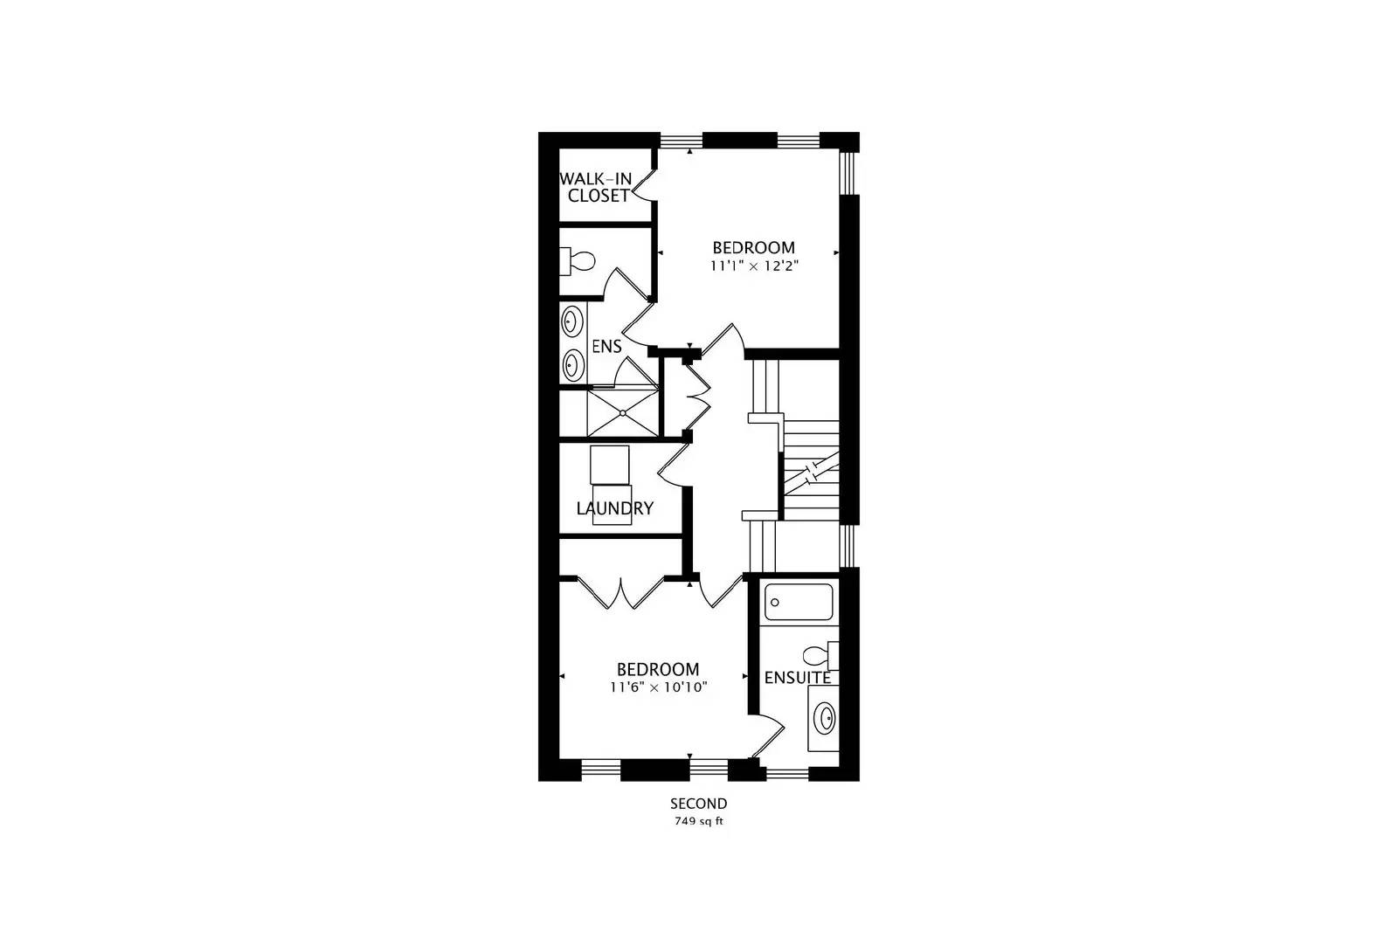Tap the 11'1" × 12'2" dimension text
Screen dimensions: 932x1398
pos(755,266)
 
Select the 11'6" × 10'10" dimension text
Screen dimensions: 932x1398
pos(658,687)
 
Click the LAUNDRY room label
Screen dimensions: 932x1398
pos(614,508)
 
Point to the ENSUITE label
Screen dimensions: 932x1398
pos(797,678)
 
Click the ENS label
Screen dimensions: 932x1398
pos(606,347)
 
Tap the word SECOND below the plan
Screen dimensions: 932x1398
pos(698,804)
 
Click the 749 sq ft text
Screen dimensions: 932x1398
pos(698,821)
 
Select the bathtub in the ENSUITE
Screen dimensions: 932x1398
pos(799,602)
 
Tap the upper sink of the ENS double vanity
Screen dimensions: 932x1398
pos(572,321)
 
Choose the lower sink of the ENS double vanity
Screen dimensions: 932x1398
pos(572,363)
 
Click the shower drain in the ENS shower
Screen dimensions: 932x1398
pos(622,411)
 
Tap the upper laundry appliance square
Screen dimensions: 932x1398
pos(609,465)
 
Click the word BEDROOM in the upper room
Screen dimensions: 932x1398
pos(753,248)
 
